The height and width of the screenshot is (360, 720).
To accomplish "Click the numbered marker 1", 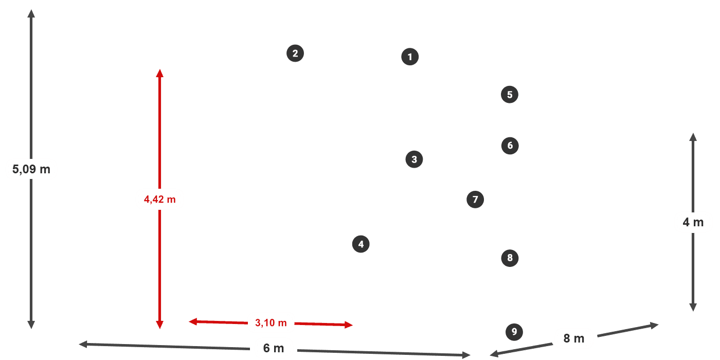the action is click(x=410, y=57).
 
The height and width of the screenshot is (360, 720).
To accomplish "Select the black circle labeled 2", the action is click(x=295, y=53).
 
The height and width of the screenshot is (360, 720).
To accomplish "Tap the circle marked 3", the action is click(x=414, y=159).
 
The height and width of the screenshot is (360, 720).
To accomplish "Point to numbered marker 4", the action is click(x=361, y=244).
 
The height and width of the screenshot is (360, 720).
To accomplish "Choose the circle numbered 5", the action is click(x=510, y=95).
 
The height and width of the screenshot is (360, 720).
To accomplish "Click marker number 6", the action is click(x=510, y=146).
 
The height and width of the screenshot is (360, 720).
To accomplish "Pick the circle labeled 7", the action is click(x=475, y=200).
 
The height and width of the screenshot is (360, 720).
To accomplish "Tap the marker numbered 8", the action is click(x=510, y=258).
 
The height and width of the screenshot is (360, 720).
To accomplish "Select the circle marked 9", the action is click(x=514, y=332).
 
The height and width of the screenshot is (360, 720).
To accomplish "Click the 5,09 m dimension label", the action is click(x=31, y=169).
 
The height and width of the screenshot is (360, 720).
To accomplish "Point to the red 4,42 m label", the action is click(x=160, y=200).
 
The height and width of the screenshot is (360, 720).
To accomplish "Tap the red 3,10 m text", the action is click(x=271, y=323).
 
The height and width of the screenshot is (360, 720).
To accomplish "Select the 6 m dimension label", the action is click(x=274, y=348).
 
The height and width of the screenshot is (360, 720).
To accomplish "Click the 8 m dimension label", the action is click(x=574, y=338).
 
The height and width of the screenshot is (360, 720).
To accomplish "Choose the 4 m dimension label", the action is click(x=693, y=222).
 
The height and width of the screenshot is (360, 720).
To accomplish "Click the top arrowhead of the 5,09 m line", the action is click(x=31, y=13).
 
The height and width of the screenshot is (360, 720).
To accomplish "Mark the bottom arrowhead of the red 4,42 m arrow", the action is click(x=160, y=325).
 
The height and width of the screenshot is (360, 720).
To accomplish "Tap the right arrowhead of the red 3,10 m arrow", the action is click(x=349, y=325).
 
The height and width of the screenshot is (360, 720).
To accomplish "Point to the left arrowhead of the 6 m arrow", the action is click(x=83, y=344).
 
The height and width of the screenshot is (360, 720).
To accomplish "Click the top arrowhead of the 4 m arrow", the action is click(x=693, y=137).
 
